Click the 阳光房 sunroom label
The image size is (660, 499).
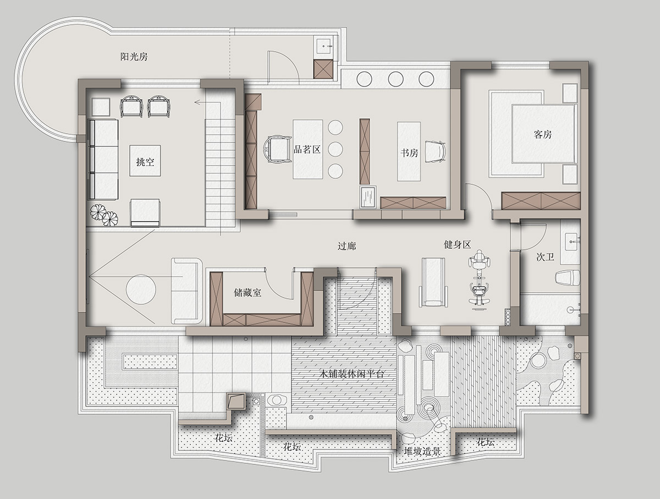[134, 57]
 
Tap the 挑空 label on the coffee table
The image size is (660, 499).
[145, 162]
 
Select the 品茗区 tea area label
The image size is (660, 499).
[307, 149]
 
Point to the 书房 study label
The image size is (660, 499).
[409, 153]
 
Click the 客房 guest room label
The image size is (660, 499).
[543, 134]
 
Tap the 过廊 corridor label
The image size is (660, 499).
[346, 246]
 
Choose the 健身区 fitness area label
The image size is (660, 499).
[457, 244]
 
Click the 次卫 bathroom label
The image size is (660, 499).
[545, 257]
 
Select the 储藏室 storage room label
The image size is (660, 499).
[248, 292]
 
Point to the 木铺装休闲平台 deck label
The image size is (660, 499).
[351, 374]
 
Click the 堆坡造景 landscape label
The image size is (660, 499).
[422, 451]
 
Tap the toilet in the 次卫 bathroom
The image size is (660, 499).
[568, 277]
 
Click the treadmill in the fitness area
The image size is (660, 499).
[433, 282]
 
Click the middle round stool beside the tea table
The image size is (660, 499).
[335, 149]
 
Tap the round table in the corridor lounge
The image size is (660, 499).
[141, 289]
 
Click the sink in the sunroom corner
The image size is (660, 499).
[324, 47]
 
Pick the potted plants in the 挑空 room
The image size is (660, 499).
[104, 215]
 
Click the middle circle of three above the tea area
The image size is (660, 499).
[395, 79]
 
